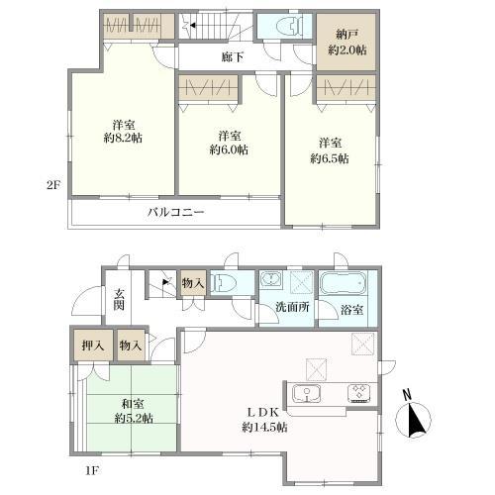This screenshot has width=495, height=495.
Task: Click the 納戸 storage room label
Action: click(x=346, y=34)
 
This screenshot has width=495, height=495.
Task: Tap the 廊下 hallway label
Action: click(x=233, y=57)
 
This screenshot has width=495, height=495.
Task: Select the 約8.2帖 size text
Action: click(x=123, y=138)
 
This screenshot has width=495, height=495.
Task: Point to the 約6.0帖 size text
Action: click(x=229, y=149)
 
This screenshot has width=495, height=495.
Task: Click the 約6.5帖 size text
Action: click(x=330, y=158)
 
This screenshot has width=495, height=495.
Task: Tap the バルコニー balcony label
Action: click(x=176, y=212)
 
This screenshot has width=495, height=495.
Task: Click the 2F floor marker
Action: click(x=53, y=185)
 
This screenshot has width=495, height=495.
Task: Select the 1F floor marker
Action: click(x=92, y=470)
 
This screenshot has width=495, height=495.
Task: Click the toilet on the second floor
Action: click(x=289, y=27)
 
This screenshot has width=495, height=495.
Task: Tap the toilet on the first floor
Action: click(x=224, y=283)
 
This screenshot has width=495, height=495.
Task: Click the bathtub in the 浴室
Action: click(x=344, y=283)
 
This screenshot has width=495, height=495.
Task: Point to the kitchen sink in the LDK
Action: click(x=307, y=393)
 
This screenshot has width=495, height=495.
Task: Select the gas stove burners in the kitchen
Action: click(x=359, y=394)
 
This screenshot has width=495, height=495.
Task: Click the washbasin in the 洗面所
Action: click(x=271, y=280)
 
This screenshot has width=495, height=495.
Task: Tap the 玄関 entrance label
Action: click(x=119, y=299)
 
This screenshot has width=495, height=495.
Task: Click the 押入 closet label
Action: click(x=93, y=346)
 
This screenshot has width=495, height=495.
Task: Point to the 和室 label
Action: click(x=133, y=404)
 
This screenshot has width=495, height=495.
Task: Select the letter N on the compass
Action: click(x=407, y=394)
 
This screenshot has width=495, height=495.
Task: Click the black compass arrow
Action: click(x=417, y=419)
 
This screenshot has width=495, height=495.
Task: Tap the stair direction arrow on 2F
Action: click(x=192, y=25)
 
